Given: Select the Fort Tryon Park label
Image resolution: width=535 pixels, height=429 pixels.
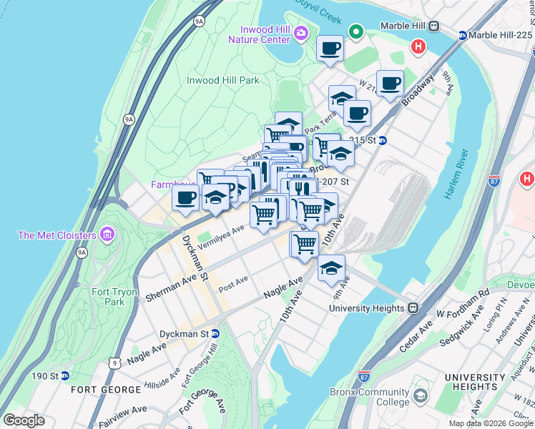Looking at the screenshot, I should [x=108, y=297].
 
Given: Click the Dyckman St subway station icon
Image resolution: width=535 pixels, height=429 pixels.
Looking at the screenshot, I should [x=215, y=334].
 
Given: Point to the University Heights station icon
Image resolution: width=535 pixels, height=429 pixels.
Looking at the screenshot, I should [x=413, y=308].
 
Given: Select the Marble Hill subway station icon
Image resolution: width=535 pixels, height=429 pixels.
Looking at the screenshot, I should [x=433, y=26].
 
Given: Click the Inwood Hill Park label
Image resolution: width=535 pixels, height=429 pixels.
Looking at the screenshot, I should [x=222, y=81].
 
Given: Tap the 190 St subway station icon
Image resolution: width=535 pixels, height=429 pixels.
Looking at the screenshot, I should [x=64, y=376].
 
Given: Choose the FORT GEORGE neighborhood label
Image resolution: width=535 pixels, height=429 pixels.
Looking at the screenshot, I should [x=106, y=390].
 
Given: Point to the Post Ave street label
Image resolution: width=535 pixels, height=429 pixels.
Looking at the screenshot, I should [x=233, y=283].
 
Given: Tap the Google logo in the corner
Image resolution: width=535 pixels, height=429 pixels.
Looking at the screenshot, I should [x=24, y=420].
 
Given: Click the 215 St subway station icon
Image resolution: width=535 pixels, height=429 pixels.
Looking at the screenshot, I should [x=383, y=141].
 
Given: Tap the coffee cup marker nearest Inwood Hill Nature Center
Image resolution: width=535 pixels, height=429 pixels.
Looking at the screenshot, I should [x=330, y=49].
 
